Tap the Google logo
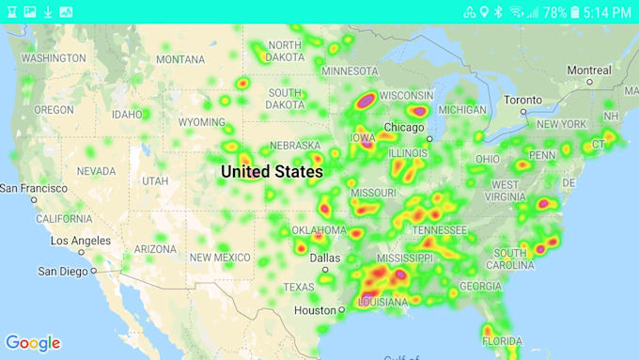(33, 343)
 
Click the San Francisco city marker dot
(34, 199)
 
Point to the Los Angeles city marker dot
(82, 252)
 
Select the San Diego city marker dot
(93, 271)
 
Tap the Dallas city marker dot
(325, 270)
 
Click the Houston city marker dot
(341, 309)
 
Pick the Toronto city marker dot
(523, 112)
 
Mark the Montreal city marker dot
(589, 82)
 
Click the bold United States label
(272, 172)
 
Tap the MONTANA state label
(179, 59)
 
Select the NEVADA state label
(96, 172)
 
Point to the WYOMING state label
(202, 122)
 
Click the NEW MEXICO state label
(220, 258)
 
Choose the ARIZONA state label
(155, 249)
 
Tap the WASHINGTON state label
(54, 58)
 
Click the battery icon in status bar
(574, 12)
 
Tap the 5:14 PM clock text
(607, 12)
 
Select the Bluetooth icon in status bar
(499, 12)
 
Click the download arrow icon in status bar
(48, 12)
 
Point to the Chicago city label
(404, 128)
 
